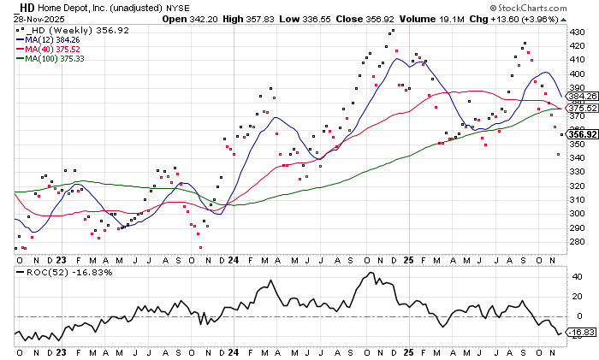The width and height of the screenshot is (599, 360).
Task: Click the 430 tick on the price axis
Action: point(578,32)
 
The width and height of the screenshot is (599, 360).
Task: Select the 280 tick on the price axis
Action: point(578,242)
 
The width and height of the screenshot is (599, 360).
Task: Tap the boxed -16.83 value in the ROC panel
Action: point(583,333)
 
